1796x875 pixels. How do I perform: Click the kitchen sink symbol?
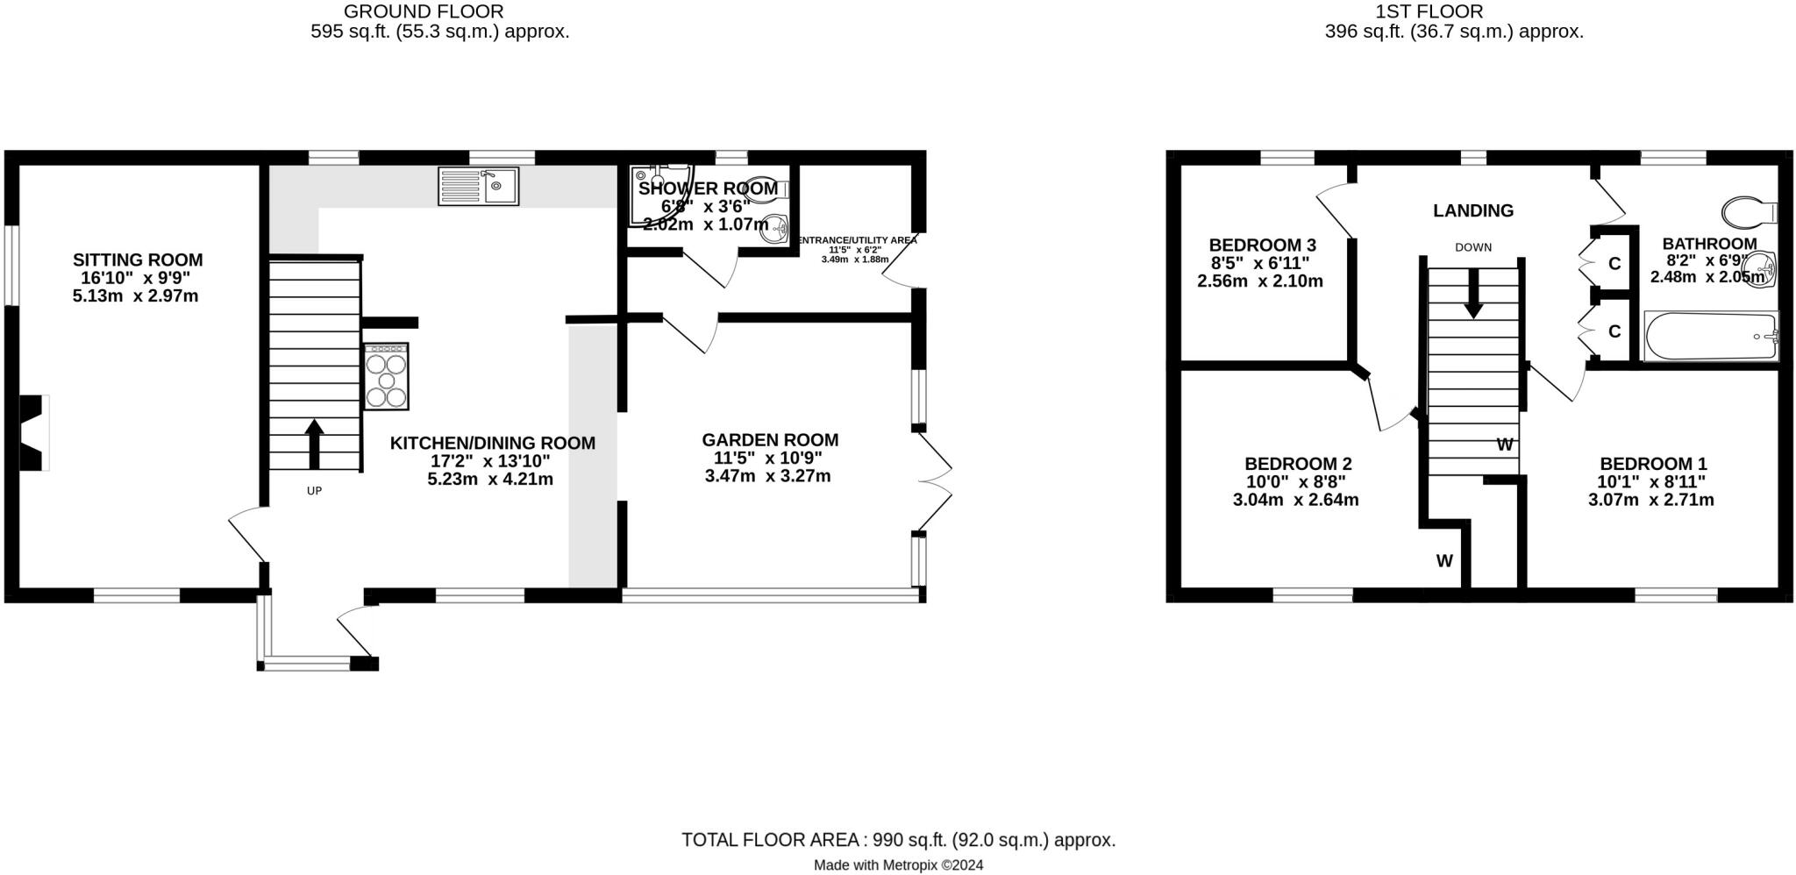(x=479, y=186)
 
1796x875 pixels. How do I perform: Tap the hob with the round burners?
(x=386, y=376)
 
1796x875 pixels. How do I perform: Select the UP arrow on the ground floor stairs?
(x=314, y=443)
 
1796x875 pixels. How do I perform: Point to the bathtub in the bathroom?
(x=1710, y=337)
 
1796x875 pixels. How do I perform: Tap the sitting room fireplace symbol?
(x=32, y=433)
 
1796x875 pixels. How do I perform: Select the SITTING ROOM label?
(x=138, y=260)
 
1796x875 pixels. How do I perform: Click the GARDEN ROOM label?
(x=770, y=440)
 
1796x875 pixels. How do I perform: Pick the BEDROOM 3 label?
(x=1262, y=245)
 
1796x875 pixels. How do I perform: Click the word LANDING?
(x=1473, y=210)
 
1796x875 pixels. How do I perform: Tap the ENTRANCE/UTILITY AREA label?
(x=855, y=240)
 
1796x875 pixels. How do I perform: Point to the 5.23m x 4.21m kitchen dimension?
(x=490, y=480)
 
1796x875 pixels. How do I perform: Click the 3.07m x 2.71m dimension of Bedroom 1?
(x=1650, y=501)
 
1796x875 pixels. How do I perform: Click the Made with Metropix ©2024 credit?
(x=898, y=865)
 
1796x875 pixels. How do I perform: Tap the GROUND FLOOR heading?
(x=424, y=11)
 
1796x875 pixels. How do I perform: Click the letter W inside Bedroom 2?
(x=1443, y=561)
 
